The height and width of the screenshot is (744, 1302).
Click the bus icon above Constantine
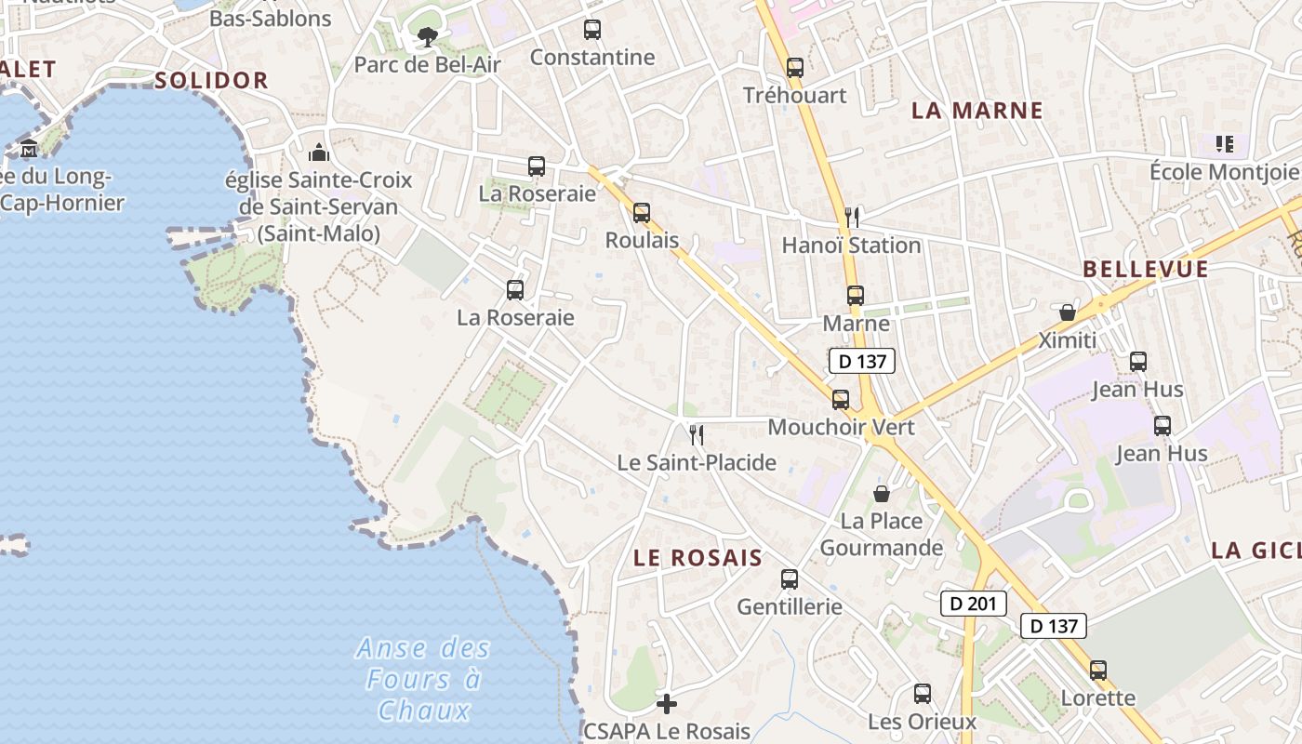592,30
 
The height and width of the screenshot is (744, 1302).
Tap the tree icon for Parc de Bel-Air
427,37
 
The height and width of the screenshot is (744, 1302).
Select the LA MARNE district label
976,111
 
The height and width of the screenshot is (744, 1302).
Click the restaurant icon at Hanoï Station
852,218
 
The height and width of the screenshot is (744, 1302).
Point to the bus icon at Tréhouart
794,68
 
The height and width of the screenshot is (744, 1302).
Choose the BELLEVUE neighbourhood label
1146,270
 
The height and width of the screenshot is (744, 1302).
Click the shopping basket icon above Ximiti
1068,312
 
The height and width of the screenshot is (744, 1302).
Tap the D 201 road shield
974,604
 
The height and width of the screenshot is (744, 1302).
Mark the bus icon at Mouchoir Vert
841,400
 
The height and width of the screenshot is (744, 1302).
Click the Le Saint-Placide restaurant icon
696,434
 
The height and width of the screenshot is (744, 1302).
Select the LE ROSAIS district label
697,558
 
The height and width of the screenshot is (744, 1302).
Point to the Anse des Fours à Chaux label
423,680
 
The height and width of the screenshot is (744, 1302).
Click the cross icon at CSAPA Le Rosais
667,704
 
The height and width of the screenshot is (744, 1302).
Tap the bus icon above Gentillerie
790,579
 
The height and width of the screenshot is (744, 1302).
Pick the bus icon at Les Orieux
923,694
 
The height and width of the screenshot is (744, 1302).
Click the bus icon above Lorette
1098,671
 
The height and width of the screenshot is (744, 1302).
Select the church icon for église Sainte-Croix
319,153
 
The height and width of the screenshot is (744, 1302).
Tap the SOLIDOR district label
211,81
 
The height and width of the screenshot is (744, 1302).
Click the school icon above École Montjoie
1224,144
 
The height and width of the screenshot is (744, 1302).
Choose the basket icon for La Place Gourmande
882,494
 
